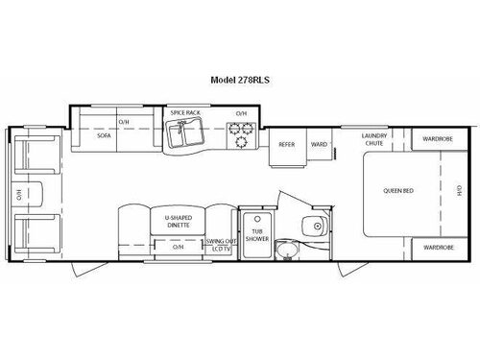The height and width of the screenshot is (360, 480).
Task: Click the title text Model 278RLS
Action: [240, 82]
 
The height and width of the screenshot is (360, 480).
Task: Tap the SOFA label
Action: [103, 136]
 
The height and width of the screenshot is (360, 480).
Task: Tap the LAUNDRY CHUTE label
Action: [373, 140]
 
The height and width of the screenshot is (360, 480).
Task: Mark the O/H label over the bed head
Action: [459, 193]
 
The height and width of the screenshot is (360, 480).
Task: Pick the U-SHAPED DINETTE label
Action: [179, 222]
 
